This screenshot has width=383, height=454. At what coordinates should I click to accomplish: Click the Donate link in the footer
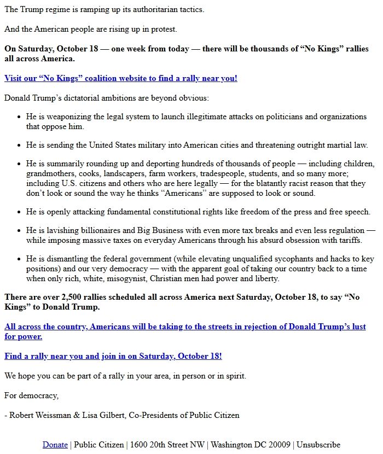coord(55,445)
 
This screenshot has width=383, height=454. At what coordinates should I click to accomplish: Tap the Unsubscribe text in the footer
coord(318,445)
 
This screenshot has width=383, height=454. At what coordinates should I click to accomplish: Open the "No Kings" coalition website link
coord(121,78)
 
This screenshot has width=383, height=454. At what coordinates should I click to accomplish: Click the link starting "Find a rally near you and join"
coord(113,356)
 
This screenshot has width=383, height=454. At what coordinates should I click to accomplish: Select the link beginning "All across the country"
coord(185,327)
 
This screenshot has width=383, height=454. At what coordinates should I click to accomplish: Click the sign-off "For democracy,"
coord(31,395)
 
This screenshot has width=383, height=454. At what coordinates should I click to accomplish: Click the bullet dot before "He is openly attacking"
coord(19,212)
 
